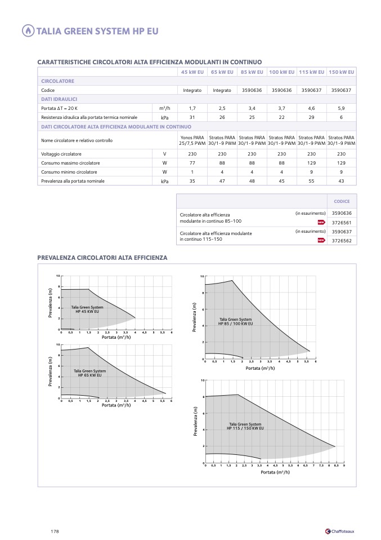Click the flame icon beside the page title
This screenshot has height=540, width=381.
click(28, 31)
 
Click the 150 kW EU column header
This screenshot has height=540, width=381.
click(341, 72)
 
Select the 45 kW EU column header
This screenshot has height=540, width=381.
click(192, 72)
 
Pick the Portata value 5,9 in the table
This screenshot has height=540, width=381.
click(341, 108)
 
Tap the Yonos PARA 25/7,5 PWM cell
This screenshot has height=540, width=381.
click(192, 140)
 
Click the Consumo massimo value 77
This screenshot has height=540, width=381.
click(192, 163)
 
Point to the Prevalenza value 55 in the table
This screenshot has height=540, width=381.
click(311, 181)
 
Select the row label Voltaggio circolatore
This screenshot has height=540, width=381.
click(61, 154)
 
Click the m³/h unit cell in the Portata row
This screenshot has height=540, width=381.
click(164, 108)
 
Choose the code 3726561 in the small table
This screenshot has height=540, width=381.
click(342, 223)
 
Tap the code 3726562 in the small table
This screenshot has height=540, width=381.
click(342, 240)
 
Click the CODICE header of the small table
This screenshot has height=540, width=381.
click(342, 201)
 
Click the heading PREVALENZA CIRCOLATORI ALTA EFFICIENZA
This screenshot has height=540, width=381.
click(102, 258)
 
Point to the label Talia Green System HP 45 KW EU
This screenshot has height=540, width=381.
click(87, 309)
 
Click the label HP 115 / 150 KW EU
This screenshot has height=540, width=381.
click(245, 428)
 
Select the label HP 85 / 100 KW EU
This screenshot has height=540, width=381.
click(235, 324)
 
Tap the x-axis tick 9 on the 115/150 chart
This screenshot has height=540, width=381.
click(343, 466)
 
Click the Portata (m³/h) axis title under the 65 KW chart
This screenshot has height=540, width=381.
click(116, 405)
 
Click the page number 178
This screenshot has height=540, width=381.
click(55, 532)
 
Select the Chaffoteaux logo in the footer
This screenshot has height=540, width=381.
click(340, 532)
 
